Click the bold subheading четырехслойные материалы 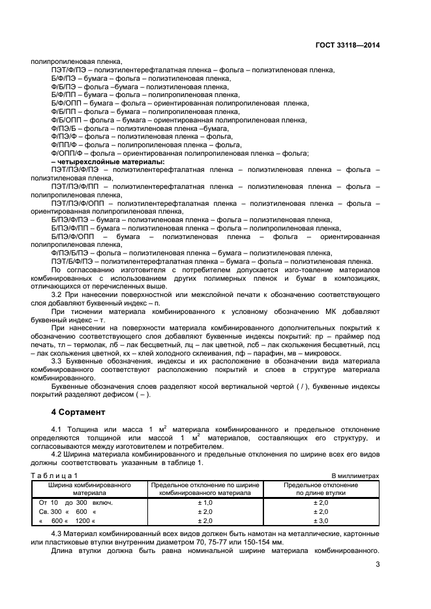click(108, 162)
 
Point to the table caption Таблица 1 click(53, 476)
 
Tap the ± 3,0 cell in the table click(320, 520)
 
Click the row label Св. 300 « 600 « click(67, 512)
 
